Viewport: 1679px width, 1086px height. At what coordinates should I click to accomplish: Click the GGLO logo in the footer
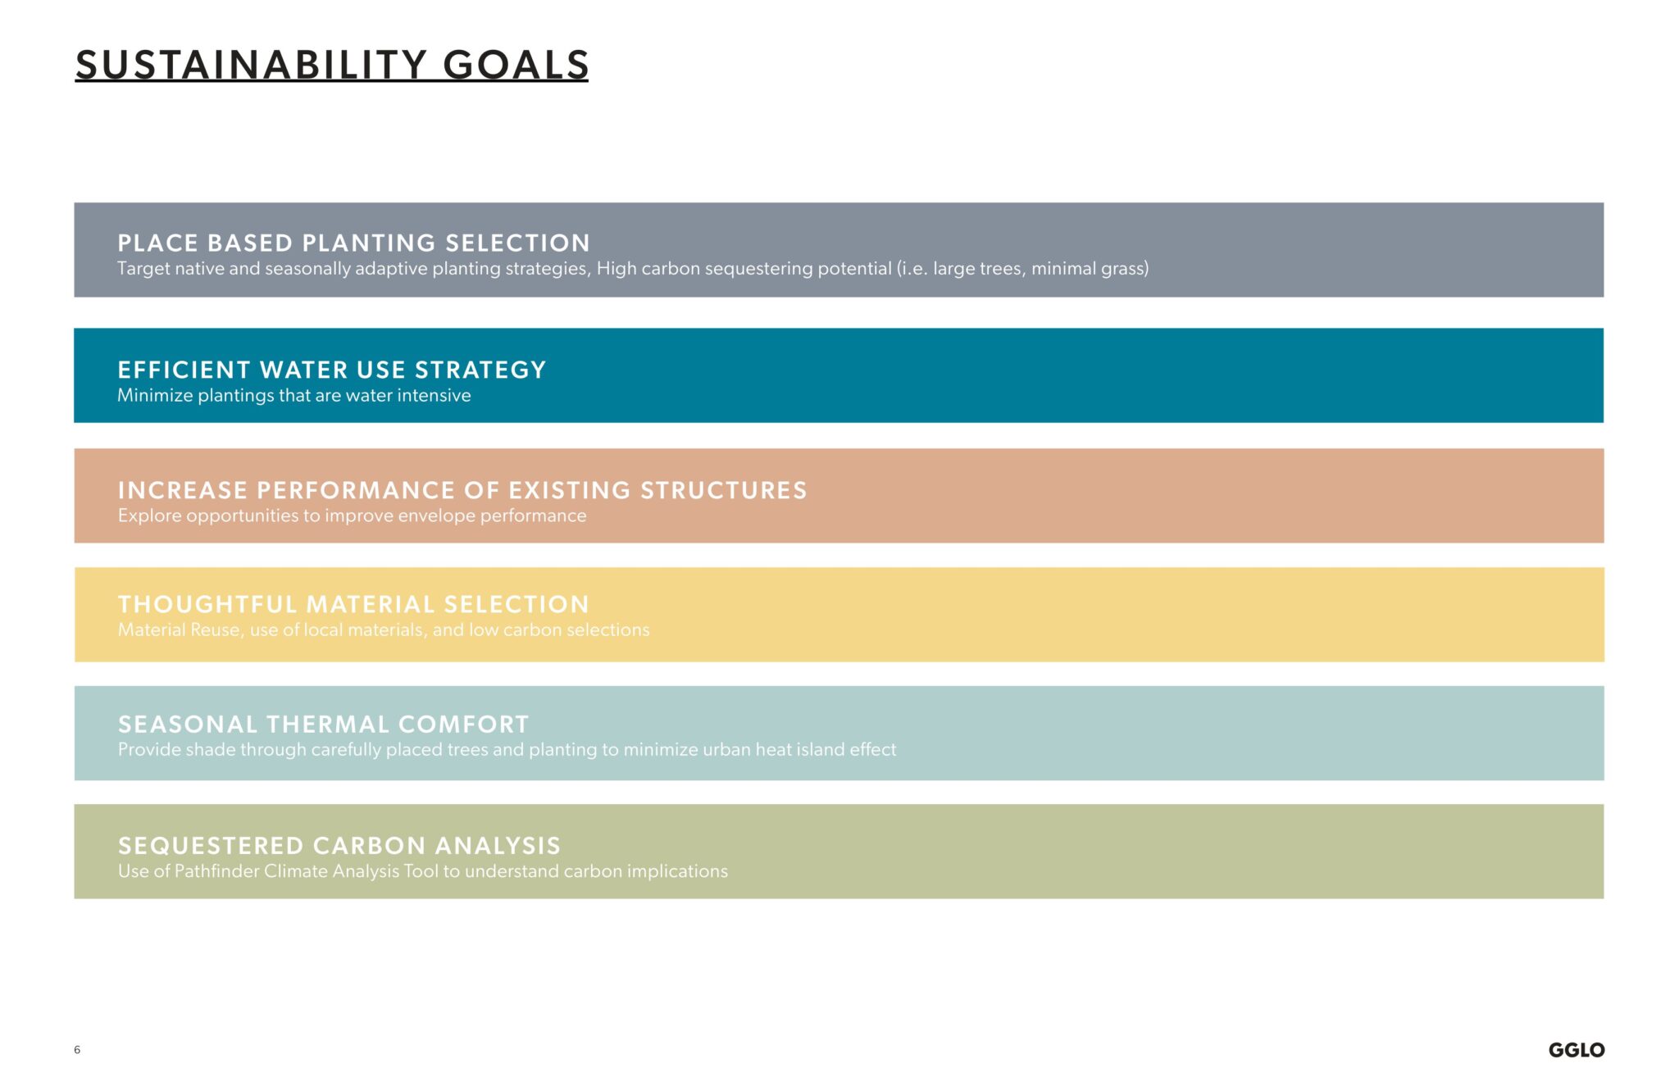pyautogui.click(x=1576, y=1050)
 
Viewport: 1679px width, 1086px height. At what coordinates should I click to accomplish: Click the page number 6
pyautogui.click(x=77, y=1050)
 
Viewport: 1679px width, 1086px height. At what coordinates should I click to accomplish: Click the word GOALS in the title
pyautogui.click(x=516, y=66)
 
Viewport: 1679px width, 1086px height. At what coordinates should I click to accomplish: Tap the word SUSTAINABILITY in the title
pyautogui.click(x=252, y=66)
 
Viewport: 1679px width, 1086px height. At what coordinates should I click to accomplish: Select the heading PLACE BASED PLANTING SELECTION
pyautogui.click(x=353, y=243)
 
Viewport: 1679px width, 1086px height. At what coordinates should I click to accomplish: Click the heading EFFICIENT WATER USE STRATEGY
pyautogui.click(x=331, y=370)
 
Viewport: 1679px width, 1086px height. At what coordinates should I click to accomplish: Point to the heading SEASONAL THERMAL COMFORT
pyautogui.click(x=323, y=725)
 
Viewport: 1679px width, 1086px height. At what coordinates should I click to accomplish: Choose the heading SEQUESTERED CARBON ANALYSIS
pyautogui.click(x=339, y=846)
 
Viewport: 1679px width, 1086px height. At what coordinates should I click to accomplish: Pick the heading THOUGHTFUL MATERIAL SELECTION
pyautogui.click(x=353, y=605)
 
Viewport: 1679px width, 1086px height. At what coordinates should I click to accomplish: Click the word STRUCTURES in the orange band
pyautogui.click(x=723, y=491)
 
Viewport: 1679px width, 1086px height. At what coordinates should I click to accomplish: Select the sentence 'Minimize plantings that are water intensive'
pyautogui.click(x=293, y=396)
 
